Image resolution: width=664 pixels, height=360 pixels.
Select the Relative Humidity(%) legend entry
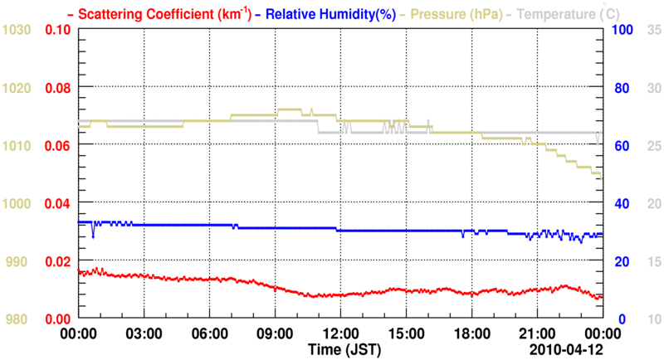[x=322, y=13]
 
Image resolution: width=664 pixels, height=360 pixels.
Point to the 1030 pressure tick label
[x=17, y=30]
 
